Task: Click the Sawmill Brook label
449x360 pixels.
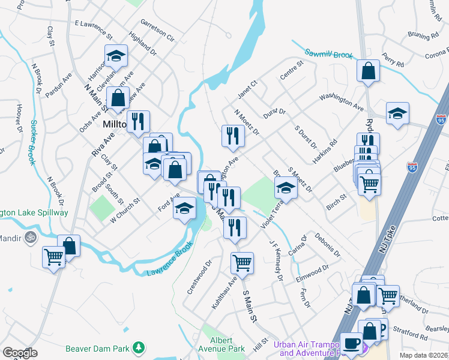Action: [328, 55]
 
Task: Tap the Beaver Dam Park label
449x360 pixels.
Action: [106, 347]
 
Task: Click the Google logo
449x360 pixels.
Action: [20, 353]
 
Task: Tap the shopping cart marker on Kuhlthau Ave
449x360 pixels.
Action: [242, 262]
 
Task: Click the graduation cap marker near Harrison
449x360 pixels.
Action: [116, 56]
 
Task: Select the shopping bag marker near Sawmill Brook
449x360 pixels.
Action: [368, 70]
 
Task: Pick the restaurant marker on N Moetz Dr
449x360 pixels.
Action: [232, 136]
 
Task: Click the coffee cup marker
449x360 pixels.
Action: [351, 343]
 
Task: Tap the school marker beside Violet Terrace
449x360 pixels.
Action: [286, 188]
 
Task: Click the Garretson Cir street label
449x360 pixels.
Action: [157, 31]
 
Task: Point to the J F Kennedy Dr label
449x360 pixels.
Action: [276, 261]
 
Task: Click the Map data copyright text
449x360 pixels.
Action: [423, 355]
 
